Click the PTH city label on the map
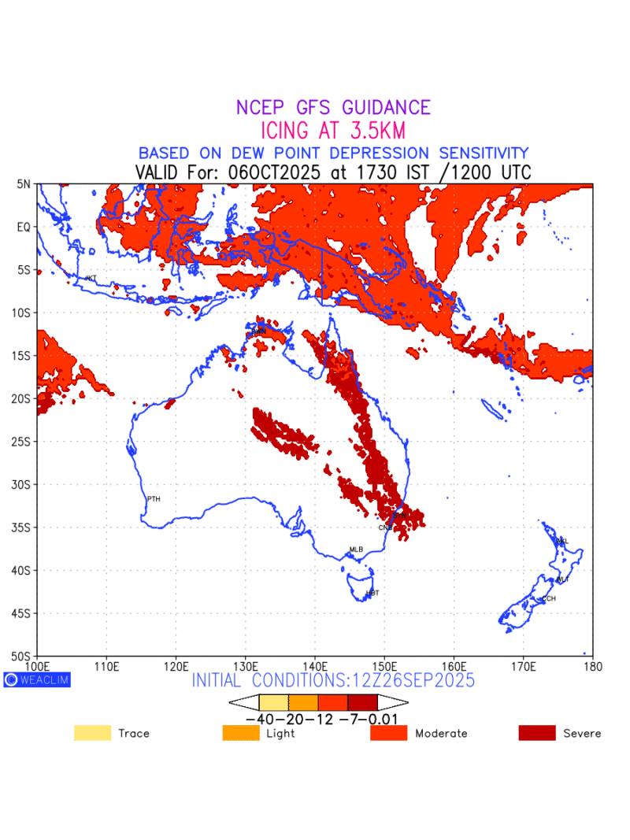[x=154, y=498]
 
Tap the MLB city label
[x=356, y=549]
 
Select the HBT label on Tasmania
[x=372, y=592]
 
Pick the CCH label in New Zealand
[x=548, y=598]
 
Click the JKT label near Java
[x=91, y=278]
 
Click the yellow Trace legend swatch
[x=93, y=733]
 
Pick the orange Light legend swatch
[x=242, y=733]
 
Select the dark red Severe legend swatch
[x=537, y=733]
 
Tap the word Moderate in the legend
[x=441, y=733]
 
